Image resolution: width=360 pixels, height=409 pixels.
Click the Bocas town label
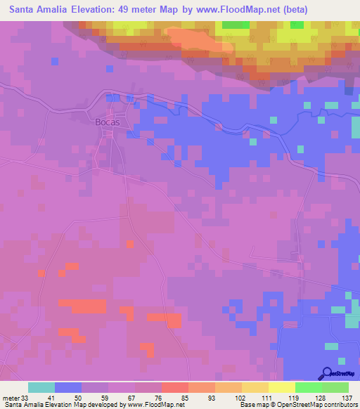coord(107,121)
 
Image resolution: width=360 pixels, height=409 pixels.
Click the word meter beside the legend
coord(11,398)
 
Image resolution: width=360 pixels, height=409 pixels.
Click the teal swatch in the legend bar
coord(41,387)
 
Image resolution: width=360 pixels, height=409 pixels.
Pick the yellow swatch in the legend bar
coord(281,387)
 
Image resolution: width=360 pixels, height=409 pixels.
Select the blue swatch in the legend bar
coord(68,387)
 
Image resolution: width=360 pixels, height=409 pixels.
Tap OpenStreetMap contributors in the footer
coord(321,405)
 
